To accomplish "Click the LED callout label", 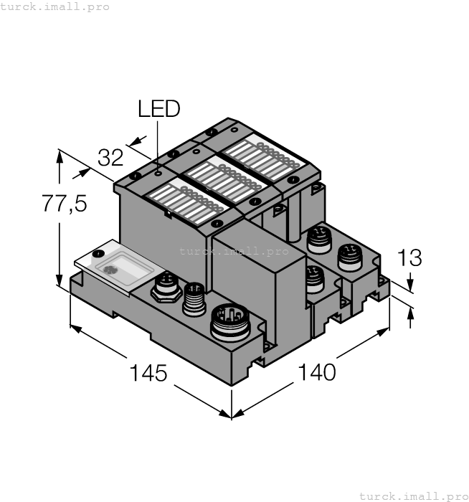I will click(158, 109).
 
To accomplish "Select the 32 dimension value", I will click(112, 156).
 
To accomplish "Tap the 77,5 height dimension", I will click(64, 204).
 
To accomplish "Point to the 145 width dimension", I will click(148, 374).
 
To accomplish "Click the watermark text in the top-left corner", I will click(55, 6).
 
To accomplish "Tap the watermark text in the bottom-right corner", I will click(412, 496).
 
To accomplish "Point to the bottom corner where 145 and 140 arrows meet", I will click(232, 417).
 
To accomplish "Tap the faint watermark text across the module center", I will click(234, 251).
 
